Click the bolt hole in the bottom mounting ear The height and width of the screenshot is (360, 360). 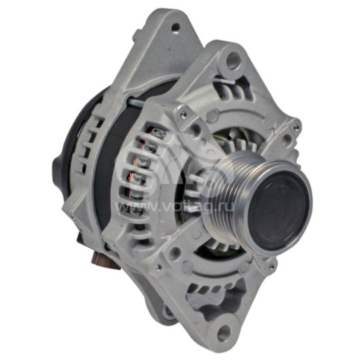pyautogui.click(x=223, y=331)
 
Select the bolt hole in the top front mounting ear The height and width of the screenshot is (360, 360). pyautogui.click(x=233, y=62)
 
